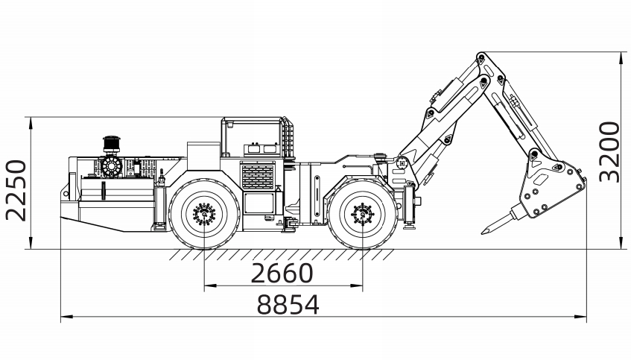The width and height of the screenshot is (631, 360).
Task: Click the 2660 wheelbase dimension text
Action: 282,273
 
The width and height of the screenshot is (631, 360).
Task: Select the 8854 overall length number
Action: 288,304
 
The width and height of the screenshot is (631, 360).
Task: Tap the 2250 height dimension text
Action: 16,191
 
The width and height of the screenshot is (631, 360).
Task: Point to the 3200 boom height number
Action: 609,152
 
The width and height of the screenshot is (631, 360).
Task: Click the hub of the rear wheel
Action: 204,213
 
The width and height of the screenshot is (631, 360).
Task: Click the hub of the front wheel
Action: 363,214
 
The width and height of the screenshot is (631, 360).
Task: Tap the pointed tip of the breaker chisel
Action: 482,233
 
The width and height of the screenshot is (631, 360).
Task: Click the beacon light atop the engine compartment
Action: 112,144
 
